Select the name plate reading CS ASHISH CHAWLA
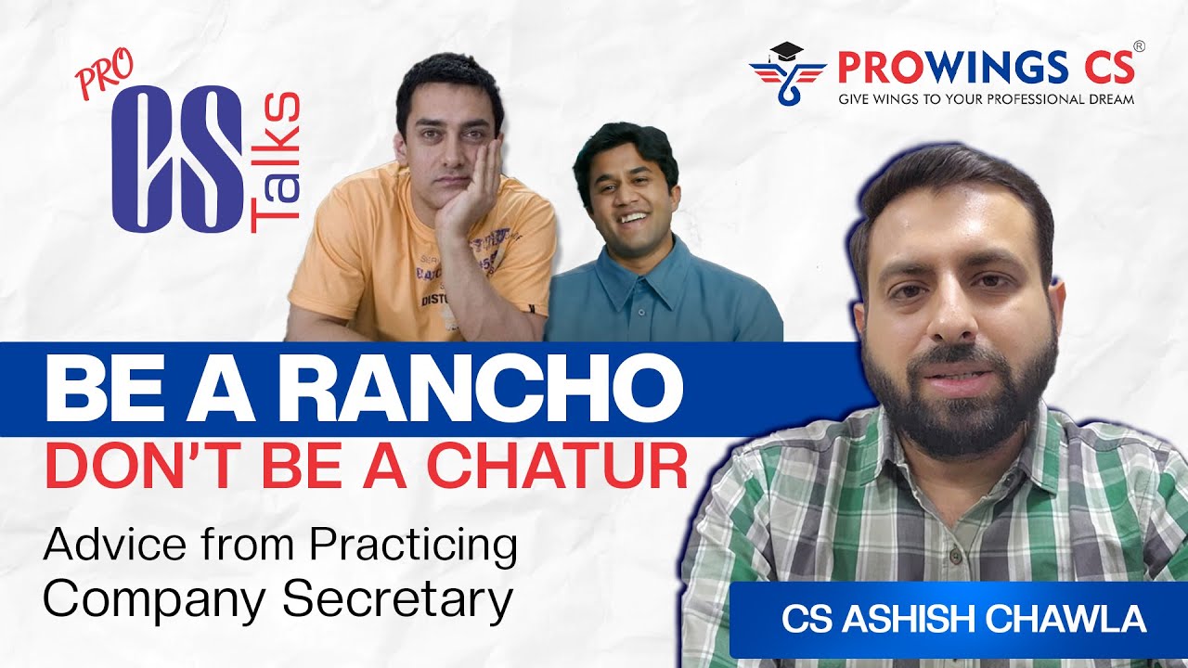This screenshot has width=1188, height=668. tap(963, 620)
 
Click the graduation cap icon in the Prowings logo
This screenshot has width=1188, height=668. tap(786, 53)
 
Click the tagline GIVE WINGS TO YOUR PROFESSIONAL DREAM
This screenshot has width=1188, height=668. tap(986, 98)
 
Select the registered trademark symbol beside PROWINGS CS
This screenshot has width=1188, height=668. tap(1139, 45)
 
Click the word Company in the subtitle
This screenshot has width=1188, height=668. tap(155, 599)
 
